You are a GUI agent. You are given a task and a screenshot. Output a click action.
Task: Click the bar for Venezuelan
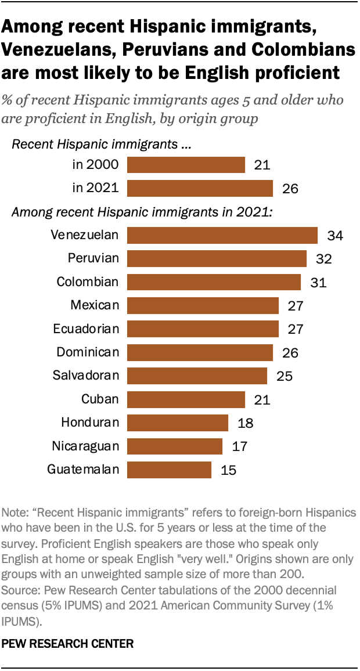222,235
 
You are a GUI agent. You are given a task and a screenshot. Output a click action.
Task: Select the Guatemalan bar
169,470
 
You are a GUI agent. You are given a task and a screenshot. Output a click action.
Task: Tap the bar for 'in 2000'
186,165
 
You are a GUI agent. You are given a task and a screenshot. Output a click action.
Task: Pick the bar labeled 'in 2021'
200,188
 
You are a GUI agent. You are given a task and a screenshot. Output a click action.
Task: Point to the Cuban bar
186,399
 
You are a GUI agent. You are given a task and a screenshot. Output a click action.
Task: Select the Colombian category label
88,282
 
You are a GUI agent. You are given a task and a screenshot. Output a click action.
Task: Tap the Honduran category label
90,423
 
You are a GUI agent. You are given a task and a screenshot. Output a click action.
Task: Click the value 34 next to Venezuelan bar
335,235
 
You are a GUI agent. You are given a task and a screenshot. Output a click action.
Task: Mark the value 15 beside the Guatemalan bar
229,470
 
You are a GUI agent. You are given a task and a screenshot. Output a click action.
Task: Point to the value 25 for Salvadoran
285,376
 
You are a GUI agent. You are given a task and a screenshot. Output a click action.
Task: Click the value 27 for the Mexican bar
296,305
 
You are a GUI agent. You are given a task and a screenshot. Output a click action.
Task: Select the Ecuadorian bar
203,329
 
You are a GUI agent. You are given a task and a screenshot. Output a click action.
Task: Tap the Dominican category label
88,352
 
